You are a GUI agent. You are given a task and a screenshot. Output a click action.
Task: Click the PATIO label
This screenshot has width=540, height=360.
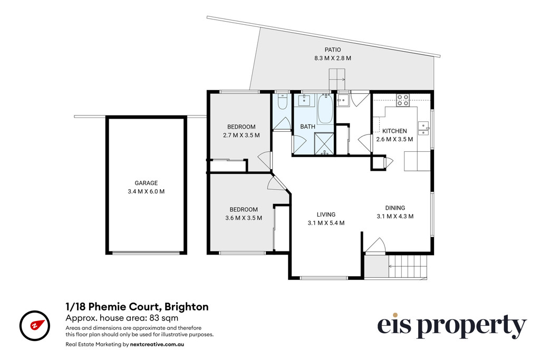click(x=332, y=50)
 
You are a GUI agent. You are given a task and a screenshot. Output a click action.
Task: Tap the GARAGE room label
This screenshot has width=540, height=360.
click(x=146, y=183)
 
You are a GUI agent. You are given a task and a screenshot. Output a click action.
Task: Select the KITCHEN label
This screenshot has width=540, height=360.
click(x=394, y=131)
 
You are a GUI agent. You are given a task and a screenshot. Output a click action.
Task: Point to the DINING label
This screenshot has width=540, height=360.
click(x=395, y=208)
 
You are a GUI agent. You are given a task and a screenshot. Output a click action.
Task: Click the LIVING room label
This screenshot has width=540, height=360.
click(x=326, y=215)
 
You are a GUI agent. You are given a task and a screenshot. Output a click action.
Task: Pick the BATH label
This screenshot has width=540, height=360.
click(x=307, y=127)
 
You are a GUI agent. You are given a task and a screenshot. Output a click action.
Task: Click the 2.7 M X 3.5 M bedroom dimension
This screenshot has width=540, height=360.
click(x=242, y=135)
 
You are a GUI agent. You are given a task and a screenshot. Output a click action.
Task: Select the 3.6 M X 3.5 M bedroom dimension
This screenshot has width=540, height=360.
click(x=244, y=218)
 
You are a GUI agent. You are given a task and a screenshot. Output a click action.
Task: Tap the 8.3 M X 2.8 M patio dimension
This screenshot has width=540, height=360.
click(x=333, y=58)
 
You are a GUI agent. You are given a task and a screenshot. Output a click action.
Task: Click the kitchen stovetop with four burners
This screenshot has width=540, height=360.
click(x=402, y=100)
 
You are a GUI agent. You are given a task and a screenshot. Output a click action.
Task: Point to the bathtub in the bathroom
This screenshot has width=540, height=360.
click(x=325, y=109)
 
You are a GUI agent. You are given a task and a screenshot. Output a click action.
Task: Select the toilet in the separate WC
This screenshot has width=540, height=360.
click(x=283, y=102)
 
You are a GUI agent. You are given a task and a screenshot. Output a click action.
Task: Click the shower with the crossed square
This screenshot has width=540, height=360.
click(x=324, y=144)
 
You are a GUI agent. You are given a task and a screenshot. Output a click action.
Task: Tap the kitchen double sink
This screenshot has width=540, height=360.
click(x=423, y=128)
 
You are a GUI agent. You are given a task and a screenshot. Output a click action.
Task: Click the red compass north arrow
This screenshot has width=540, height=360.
click(x=38, y=325)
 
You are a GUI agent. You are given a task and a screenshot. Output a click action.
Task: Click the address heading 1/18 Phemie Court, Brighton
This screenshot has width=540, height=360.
click(x=137, y=307)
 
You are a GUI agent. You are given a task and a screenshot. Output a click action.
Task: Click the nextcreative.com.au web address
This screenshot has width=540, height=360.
click(x=157, y=344)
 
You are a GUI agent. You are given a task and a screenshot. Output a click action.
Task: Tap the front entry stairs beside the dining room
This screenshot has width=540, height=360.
click(x=408, y=266)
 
